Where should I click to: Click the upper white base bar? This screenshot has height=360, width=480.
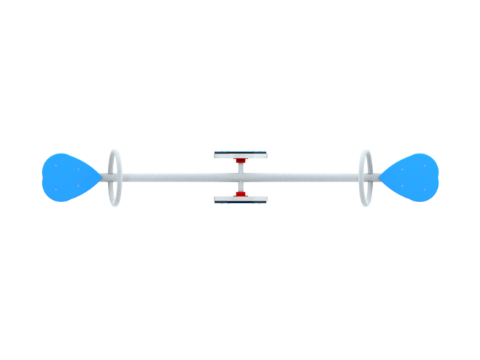pyautogui.click(x=241, y=154)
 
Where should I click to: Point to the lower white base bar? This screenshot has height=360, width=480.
pyautogui.click(x=241, y=199)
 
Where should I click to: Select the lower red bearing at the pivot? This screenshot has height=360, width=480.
pyautogui.click(x=241, y=193)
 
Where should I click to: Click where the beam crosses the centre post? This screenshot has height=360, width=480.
pyautogui.click(x=241, y=177)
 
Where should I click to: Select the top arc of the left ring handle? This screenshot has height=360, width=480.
pyautogui.click(x=114, y=150)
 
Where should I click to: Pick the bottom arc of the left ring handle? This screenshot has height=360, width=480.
pyautogui.click(x=114, y=206)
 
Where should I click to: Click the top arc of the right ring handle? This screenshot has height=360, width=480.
pyautogui.click(x=366, y=150)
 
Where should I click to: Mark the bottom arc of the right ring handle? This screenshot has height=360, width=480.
pyautogui.click(x=366, y=206)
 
